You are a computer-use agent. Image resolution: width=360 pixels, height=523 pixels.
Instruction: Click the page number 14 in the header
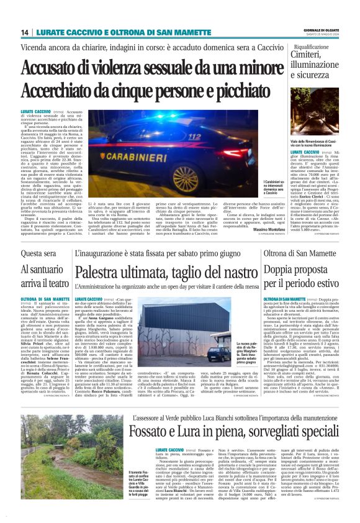pos(25,32)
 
